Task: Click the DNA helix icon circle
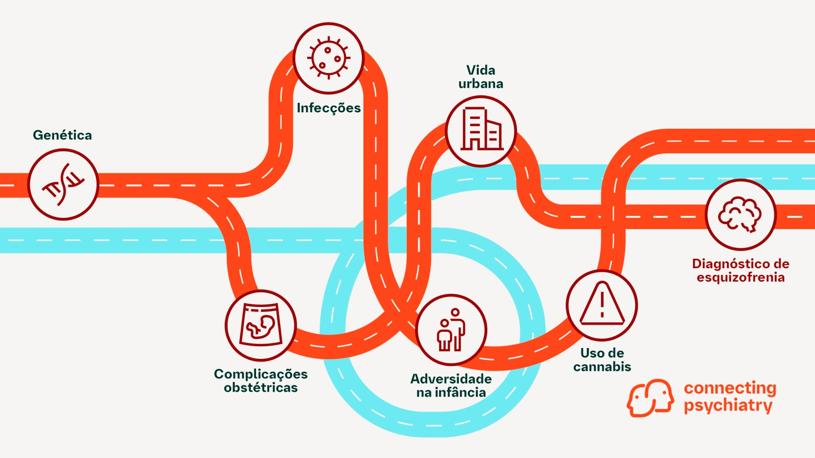click(x=63, y=185)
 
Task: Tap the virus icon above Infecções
click(x=329, y=58)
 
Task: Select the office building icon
click(x=481, y=131)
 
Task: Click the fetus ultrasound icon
click(x=261, y=325)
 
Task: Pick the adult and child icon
click(x=451, y=330)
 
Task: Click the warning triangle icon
click(x=602, y=305)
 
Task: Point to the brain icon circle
click(x=741, y=215)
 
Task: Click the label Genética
click(x=62, y=135)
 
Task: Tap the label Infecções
click(x=329, y=108)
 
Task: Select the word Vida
click(x=481, y=70)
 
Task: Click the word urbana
click(x=481, y=84)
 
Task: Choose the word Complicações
click(x=261, y=374)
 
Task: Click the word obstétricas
click(x=261, y=388)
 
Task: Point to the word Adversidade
click(x=451, y=379)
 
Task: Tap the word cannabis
click(x=602, y=366)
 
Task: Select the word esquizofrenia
click(x=741, y=277)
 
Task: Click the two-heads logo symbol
click(x=650, y=398)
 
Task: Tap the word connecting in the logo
click(x=730, y=388)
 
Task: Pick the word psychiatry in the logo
click(x=728, y=405)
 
